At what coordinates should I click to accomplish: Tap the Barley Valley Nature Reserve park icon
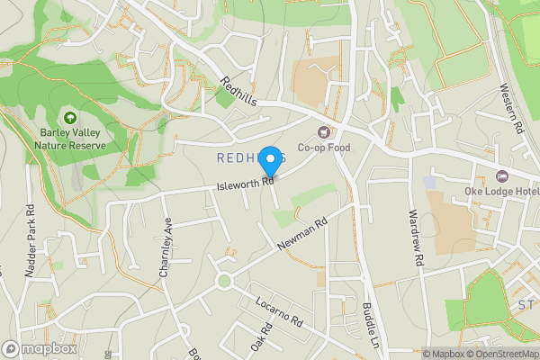69,118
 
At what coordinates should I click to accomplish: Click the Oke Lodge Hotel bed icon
502,175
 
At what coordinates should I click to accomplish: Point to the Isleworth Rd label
245,183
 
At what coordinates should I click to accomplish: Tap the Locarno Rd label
280,311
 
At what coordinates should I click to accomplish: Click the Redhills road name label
238,92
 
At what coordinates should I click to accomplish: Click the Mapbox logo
40,348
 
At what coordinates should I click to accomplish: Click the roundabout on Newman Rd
224,282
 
